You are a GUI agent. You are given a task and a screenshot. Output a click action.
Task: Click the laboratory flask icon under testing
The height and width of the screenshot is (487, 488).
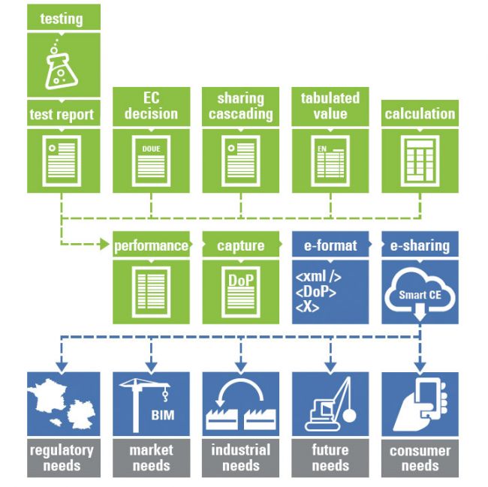point(62,65)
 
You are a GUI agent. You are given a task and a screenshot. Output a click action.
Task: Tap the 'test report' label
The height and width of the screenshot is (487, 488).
point(62,115)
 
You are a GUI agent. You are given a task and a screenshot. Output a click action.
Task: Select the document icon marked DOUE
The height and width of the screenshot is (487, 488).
point(151,161)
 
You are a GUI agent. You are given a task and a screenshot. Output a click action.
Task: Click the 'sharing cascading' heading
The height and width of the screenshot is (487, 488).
point(240,106)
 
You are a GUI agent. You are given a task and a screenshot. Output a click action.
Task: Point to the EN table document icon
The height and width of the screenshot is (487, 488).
point(330,161)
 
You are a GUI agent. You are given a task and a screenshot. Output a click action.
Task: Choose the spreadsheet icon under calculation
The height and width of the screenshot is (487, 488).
point(420,161)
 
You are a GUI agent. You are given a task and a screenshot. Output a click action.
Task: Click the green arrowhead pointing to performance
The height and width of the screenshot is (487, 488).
point(104,244)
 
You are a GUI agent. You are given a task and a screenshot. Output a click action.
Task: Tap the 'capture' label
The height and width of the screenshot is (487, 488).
point(240,245)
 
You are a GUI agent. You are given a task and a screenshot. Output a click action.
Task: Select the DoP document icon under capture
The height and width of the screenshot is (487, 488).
point(240,292)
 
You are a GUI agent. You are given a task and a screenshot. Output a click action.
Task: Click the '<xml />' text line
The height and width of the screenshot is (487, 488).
point(318,276)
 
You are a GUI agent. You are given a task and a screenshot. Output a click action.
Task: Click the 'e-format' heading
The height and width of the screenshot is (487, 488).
point(330,245)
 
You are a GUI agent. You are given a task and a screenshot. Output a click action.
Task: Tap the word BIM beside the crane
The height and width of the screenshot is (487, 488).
point(163,415)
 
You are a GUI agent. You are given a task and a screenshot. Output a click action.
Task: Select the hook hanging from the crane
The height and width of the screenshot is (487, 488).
point(165,395)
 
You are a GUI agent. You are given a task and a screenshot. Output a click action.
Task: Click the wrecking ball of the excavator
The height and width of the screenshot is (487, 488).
point(349,416)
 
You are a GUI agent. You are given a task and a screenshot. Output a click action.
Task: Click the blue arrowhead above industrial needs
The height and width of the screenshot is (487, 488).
point(240,367)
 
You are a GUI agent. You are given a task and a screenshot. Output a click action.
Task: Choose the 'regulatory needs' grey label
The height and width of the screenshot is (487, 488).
point(62,458)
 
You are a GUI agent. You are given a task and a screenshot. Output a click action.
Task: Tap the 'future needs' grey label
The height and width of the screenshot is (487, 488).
point(330,458)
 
